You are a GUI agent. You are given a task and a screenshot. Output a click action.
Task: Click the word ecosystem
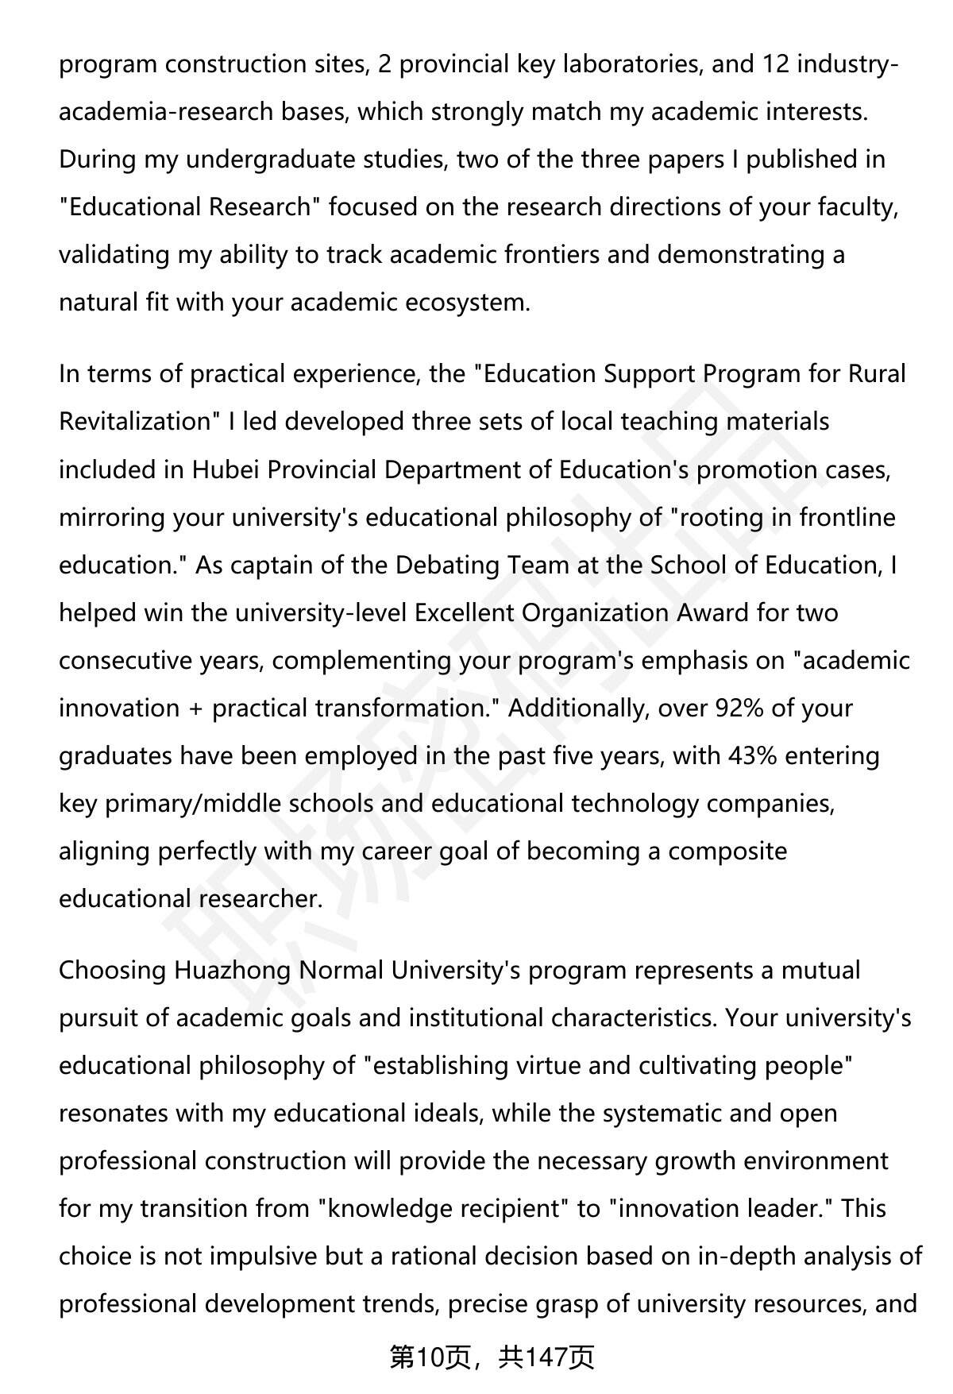click(467, 303)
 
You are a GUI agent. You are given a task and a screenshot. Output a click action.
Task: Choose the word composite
click(727, 851)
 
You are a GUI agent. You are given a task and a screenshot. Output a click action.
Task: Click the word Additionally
click(578, 708)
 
